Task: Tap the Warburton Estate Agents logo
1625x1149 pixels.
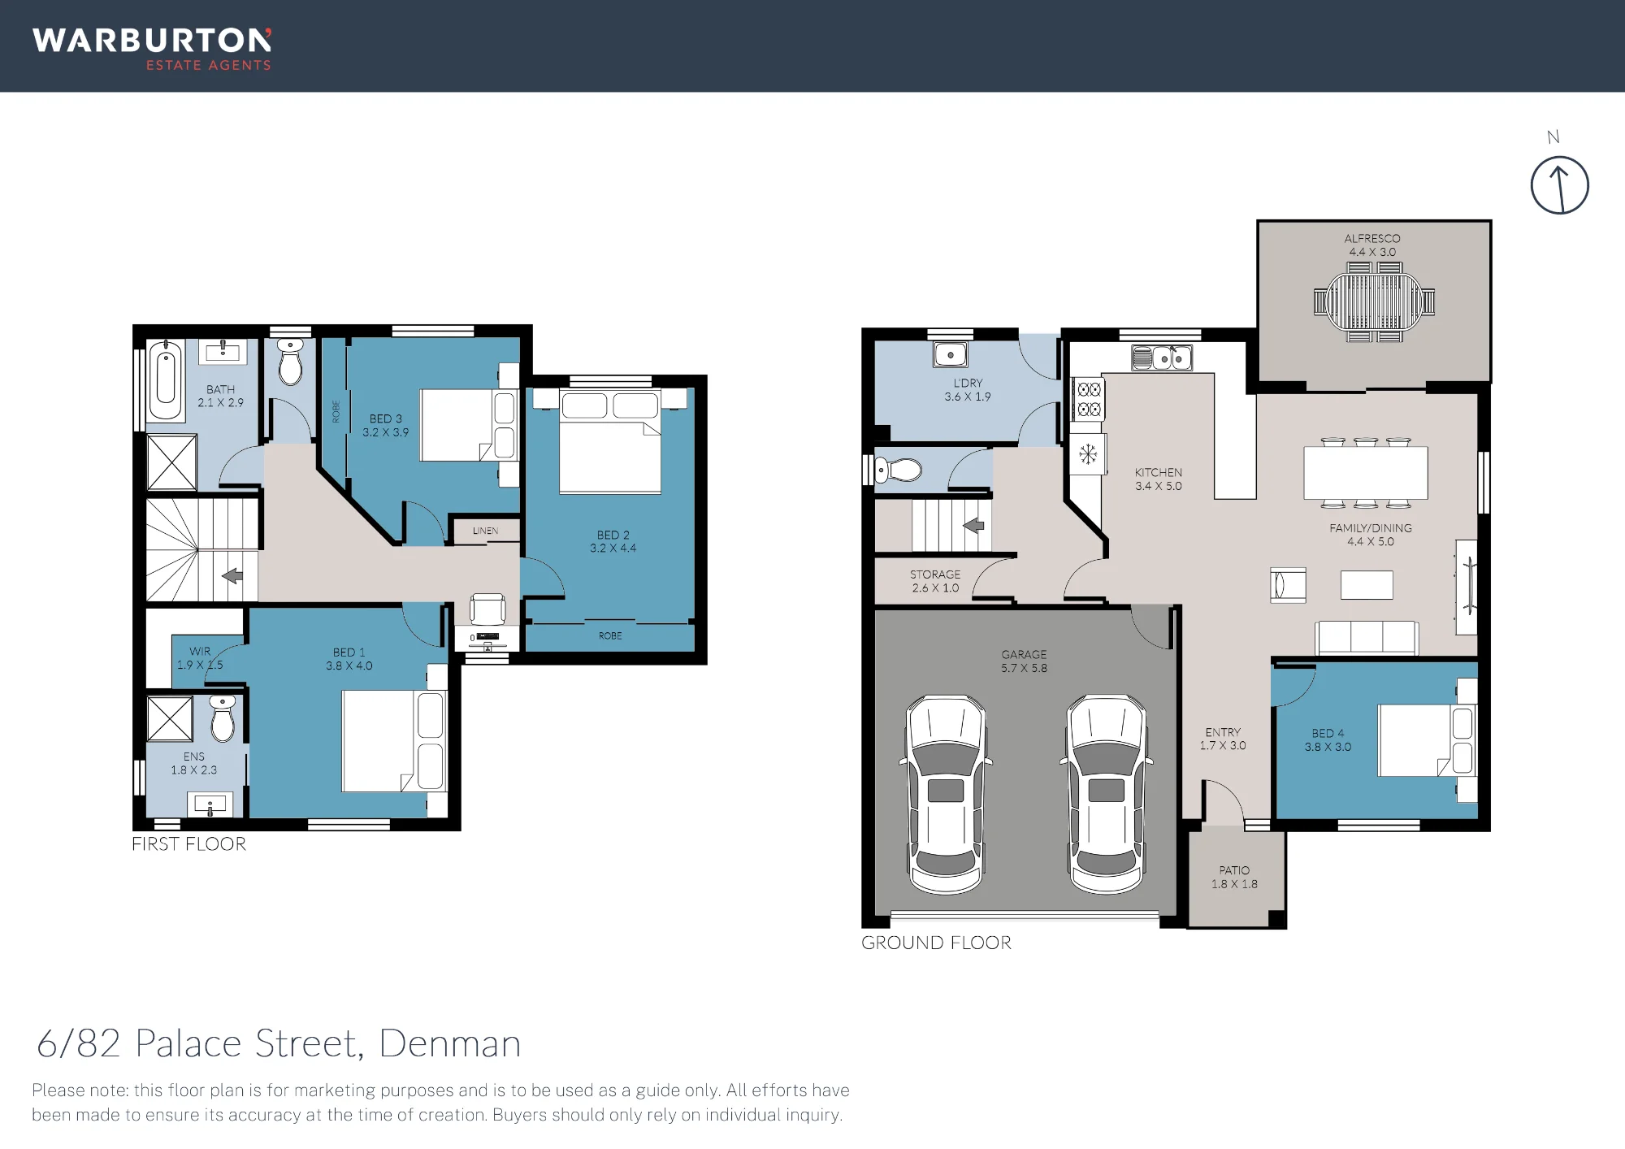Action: pos(152,50)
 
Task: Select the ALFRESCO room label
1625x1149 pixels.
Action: pos(1372,238)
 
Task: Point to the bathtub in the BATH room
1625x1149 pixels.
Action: pos(166,379)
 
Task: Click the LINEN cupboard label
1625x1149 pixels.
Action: pos(485,531)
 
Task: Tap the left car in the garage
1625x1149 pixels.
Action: pos(946,794)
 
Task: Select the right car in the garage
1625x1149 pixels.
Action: pos(1106,794)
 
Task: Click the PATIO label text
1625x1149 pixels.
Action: pos(1234,870)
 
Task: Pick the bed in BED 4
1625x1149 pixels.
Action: pos(1427,740)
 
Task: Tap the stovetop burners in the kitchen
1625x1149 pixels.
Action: pos(1089,399)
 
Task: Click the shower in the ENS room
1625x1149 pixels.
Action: pos(170,719)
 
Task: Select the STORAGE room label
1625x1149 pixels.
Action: pos(935,574)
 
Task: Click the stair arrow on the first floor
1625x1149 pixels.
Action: pos(232,575)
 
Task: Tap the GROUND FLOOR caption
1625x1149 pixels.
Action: pos(936,943)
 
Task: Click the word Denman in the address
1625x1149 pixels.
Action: pos(449,1043)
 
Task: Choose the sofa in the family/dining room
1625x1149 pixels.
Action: pos(1367,638)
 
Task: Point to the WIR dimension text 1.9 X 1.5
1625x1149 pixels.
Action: pos(200,665)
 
